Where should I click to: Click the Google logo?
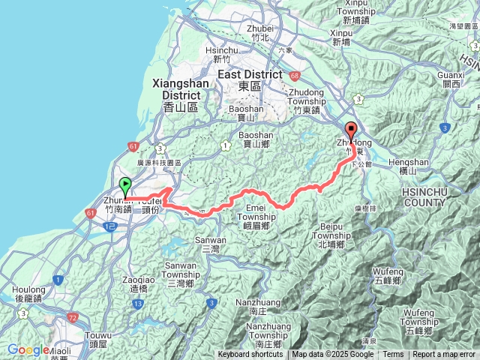28,350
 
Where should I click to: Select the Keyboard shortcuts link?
250,355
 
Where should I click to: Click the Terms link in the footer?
393,355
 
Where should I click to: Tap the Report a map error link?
444,355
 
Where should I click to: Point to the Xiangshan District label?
179,90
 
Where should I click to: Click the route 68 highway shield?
295,75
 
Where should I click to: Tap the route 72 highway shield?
73,318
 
